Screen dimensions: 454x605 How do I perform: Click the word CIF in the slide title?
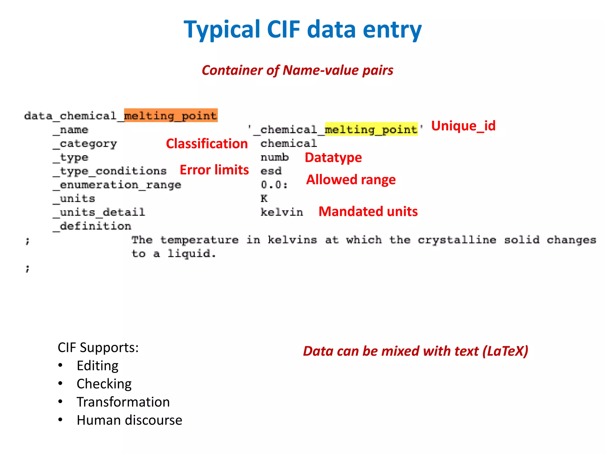point(283,29)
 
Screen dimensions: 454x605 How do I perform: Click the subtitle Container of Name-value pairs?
point(297,70)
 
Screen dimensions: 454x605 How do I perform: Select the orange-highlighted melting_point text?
point(171,115)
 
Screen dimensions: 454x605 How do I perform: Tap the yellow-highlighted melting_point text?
point(371,129)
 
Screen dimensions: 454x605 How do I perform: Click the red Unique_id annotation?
point(463,126)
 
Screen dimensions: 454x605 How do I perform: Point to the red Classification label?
point(207,144)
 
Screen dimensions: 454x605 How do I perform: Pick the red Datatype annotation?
point(333,157)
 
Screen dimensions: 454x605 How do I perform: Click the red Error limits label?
point(214,170)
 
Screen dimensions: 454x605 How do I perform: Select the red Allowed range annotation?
point(351,179)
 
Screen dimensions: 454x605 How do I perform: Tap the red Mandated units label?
point(368,212)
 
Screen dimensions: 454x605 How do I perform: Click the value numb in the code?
point(274,157)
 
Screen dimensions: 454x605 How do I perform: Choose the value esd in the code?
point(271,171)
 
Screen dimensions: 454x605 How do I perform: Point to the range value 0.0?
point(274,185)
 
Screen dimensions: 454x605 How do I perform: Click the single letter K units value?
point(264,198)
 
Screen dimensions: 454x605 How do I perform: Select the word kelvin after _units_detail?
point(282,212)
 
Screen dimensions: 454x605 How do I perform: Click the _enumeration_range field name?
point(117,185)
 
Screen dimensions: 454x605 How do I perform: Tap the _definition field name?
point(92,226)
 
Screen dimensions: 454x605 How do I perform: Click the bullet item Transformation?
point(123,402)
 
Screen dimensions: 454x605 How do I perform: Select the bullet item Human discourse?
point(129,420)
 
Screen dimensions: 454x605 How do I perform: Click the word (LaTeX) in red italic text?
point(505,351)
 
